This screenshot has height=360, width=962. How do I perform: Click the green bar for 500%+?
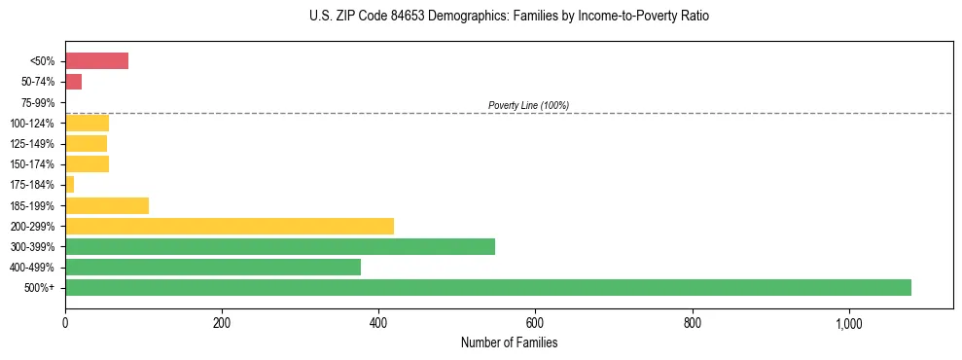487,287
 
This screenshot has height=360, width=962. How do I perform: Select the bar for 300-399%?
280,246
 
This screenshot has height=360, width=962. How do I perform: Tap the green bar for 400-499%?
213,267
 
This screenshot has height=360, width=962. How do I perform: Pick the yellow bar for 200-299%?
230,226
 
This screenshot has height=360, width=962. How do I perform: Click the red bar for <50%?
96,61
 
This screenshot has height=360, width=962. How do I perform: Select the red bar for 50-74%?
73,82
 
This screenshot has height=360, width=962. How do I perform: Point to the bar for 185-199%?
107,205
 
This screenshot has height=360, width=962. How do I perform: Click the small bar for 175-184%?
69,185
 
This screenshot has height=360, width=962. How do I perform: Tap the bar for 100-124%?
87,123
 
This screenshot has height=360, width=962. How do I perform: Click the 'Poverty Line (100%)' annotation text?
528,105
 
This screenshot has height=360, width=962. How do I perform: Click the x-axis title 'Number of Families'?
509,342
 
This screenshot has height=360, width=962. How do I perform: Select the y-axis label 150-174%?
32,164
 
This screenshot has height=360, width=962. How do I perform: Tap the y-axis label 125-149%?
32,144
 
